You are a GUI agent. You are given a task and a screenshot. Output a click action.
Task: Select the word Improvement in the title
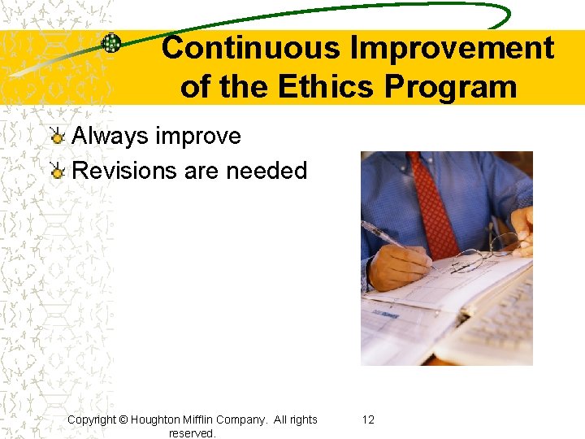452,48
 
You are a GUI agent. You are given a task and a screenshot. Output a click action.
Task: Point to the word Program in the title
458,86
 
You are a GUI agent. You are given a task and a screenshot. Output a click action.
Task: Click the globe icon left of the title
111,44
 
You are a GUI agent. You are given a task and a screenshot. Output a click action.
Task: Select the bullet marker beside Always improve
57,136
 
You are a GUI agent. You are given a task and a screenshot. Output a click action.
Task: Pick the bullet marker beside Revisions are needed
57,171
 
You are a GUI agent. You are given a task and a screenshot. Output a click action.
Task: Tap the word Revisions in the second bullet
124,171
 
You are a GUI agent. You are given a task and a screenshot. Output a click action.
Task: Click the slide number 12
368,419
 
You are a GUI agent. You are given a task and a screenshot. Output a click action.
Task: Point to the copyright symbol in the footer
123,419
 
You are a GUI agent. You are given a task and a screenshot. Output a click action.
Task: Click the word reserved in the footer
192,433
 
